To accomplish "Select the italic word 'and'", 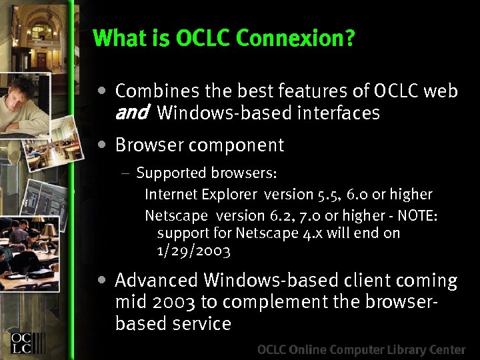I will tap(131, 113).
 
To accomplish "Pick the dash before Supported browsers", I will tap(126, 174).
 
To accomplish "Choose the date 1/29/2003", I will tap(193, 251).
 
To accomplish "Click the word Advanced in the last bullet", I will tap(157, 281).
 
